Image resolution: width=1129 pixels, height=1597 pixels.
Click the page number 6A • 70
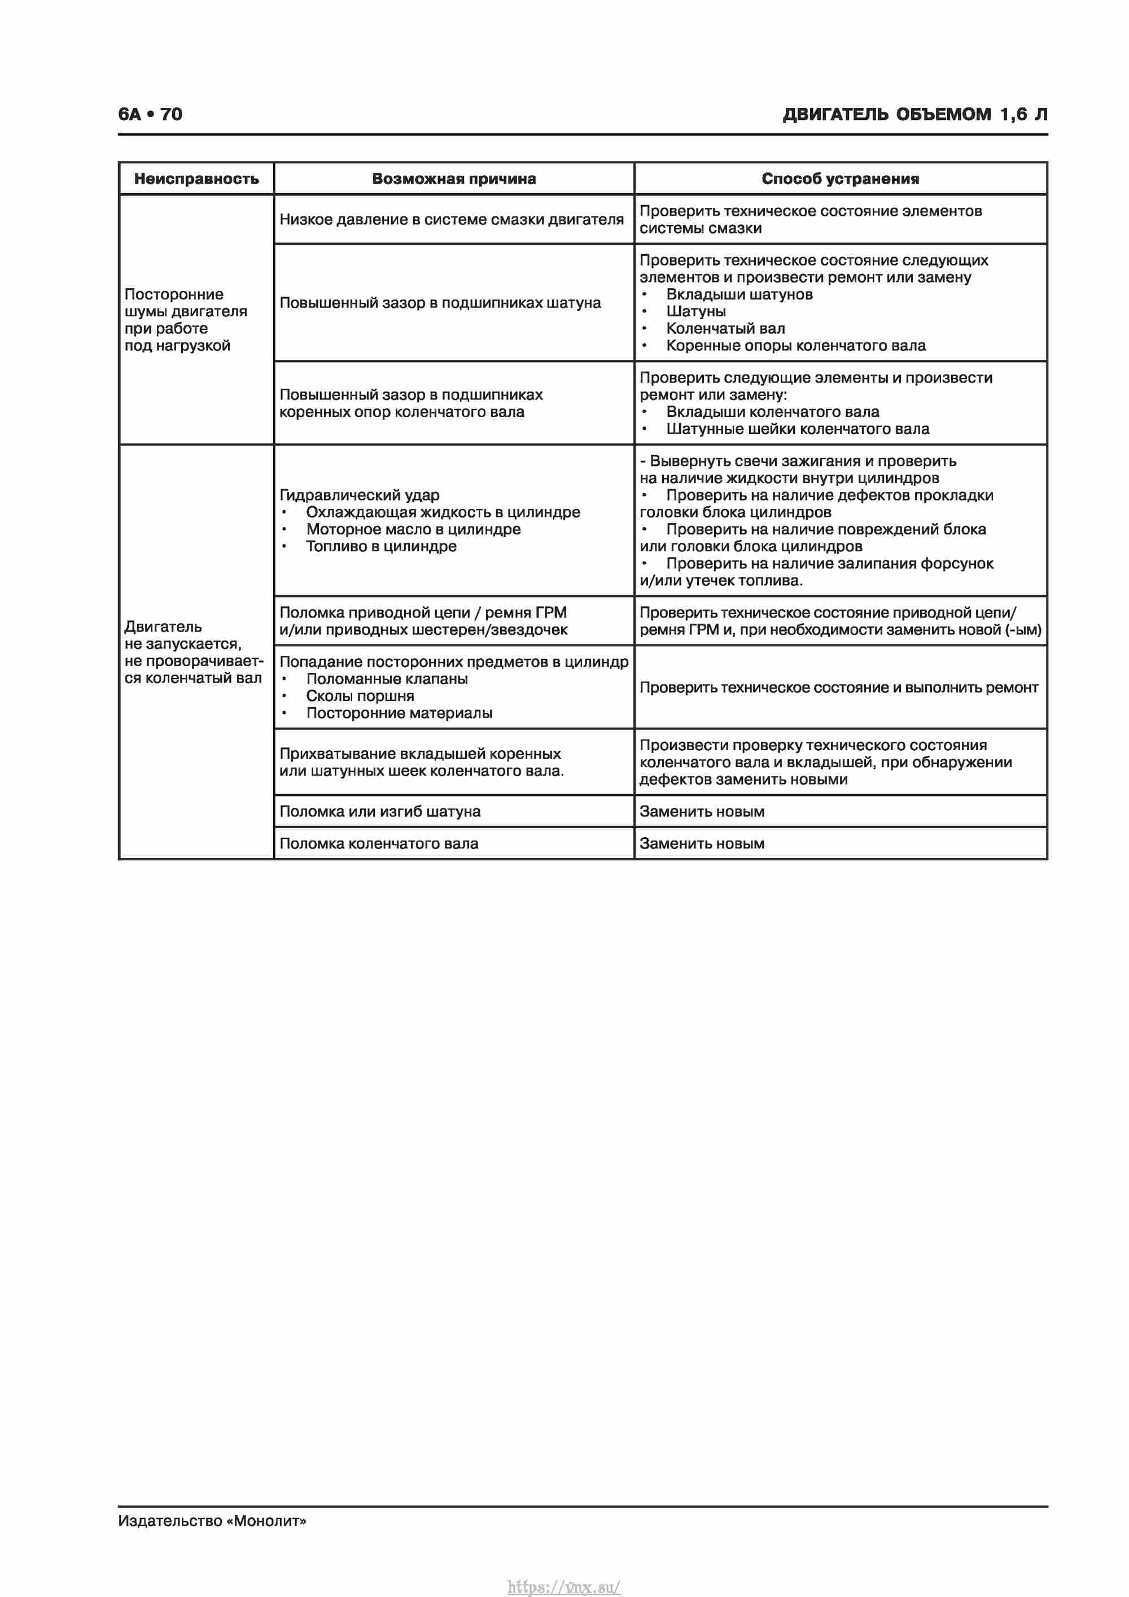(x=150, y=114)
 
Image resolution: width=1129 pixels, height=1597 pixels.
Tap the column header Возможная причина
(x=453, y=179)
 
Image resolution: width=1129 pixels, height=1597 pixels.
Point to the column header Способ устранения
(x=840, y=179)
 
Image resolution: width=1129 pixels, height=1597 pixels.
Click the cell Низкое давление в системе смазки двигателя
(x=451, y=220)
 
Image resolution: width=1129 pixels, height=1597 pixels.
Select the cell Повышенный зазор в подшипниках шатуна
(x=440, y=303)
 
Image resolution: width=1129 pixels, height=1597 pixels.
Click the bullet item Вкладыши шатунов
(x=739, y=294)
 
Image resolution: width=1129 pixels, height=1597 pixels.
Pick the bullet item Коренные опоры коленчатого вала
(x=795, y=346)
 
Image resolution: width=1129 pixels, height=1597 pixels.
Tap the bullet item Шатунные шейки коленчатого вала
(x=798, y=429)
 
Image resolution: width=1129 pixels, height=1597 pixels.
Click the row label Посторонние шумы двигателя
(x=185, y=320)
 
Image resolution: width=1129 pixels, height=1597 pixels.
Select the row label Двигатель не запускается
(x=192, y=652)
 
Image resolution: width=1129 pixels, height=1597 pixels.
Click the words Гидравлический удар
(x=360, y=495)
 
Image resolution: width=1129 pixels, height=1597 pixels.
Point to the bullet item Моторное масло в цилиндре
(x=413, y=529)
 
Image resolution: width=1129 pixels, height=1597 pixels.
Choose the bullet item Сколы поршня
(x=360, y=695)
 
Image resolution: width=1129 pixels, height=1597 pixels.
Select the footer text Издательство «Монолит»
(x=212, y=1521)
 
